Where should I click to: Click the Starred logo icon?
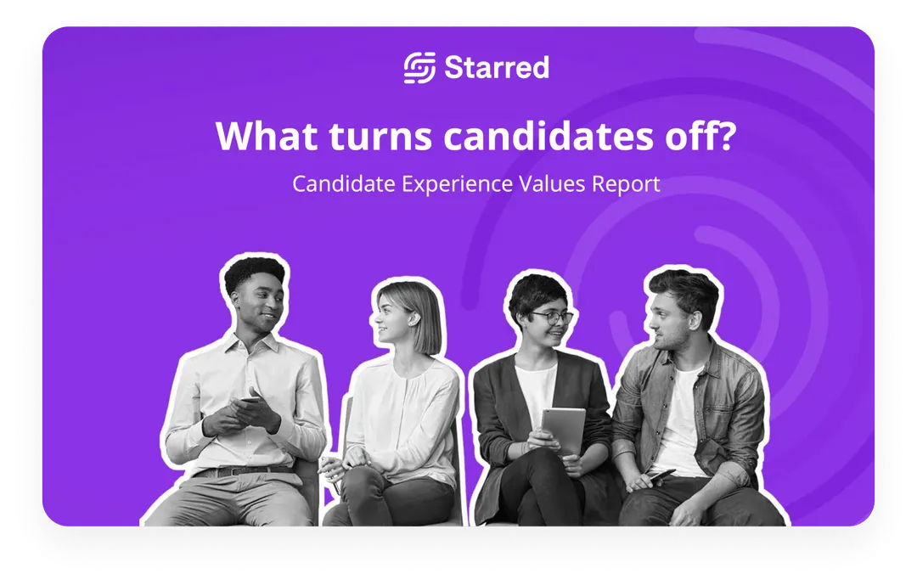(x=419, y=68)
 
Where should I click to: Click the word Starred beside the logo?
(x=497, y=68)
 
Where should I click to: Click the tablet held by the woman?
(x=564, y=430)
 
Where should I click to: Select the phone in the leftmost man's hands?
(x=249, y=402)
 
